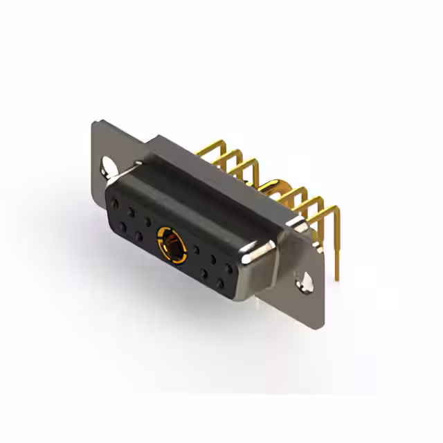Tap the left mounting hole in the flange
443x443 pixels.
point(109,168)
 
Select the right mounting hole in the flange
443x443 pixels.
point(302,280)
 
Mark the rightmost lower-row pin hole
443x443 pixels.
point(220,284)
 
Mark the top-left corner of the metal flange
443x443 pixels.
point(96,122)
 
